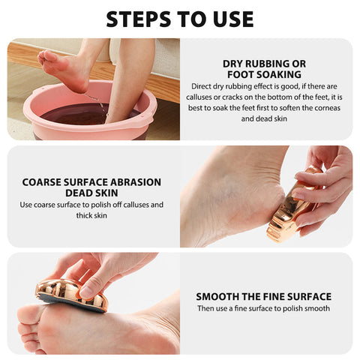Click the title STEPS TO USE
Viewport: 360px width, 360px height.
click(x=180, y=19)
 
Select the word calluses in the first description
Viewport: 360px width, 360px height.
click(x=214, y=98)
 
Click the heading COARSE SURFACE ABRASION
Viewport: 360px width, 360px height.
click(x=91, y=181)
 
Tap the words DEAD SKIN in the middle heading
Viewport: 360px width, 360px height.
click(x=91, y=193)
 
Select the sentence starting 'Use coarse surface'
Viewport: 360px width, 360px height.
click(x=91, y=209)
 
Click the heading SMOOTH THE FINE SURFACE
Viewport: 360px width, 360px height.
click(x=263, y=296)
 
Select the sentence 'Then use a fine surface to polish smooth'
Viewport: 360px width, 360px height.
click(x=263, y=308)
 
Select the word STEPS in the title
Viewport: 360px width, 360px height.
click(x=138, y=19)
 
